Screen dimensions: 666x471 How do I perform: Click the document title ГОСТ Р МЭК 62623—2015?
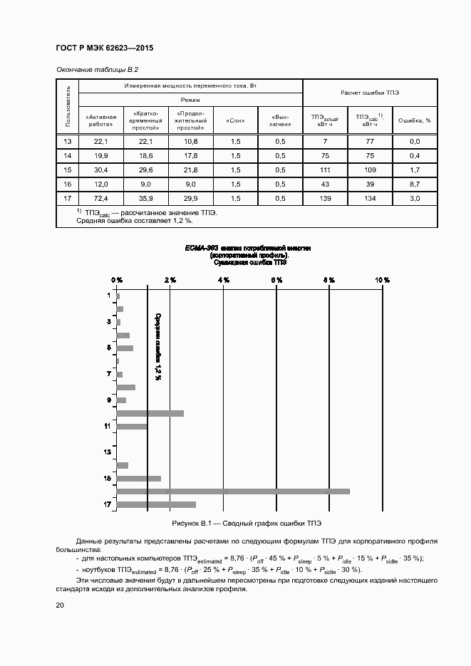pyautogui.click(x=105, y=48)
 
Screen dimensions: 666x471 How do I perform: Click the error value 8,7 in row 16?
pyautogui.click(x=415, y=184)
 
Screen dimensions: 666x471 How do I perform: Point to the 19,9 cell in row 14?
pyautogui.click(x=100, y=156)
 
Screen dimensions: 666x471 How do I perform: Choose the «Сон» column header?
pyautogui.click(x=235, y=120)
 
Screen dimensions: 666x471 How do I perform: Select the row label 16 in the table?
pyautogui.click(x=68, y=184)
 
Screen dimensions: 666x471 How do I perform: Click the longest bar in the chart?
pyautogui.click(x=233, y=491)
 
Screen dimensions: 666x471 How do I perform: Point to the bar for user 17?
pyautogui.click(x=156, y=504)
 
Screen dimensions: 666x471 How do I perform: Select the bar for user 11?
pyautogui.click(x=132, y=426)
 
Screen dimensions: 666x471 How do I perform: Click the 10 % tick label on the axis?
pyautogui.click(x=382, y=280)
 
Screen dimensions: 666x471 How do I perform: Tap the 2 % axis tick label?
pyautogui.click(x=170, y=280)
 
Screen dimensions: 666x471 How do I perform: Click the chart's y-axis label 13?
pyautogui.click(x=108, y=452)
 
